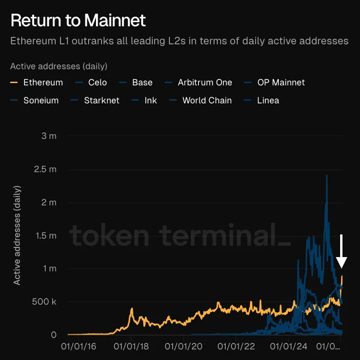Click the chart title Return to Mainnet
(x=78, y=20)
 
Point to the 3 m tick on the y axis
(x=48, y=136)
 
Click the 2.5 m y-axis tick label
(x=46, y=169)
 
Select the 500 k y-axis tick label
(x=45, y=302)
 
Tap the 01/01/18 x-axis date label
(x=131, y=345)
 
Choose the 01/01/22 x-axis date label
(x=236, y=345)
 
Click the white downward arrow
(x=342, y=252)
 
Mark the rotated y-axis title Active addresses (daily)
(x=17, y=235)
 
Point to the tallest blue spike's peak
(x=327, y=176)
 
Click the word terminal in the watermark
(x=222, y=237)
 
